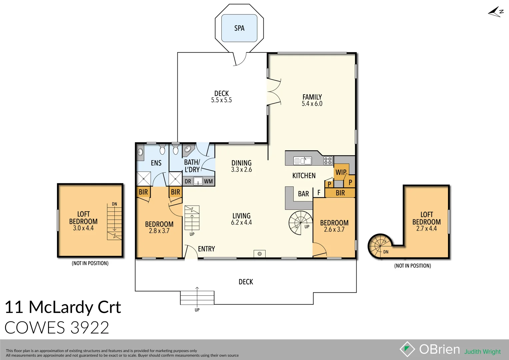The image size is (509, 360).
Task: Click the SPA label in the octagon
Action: [239, 28]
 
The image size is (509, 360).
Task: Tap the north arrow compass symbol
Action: [496, 12]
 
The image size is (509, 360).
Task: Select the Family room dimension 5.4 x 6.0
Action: [312, 104]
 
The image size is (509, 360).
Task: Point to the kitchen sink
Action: [303, 161]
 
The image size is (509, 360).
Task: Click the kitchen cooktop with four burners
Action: [328, 161]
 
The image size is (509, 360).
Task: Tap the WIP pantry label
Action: [341, 172]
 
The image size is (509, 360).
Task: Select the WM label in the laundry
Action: [208, 181]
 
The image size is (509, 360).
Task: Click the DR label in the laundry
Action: [188, 181]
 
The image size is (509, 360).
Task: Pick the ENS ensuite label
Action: [156, 163]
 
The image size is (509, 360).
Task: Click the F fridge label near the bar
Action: [319, 193]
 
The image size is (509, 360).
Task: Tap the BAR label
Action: [303, 194]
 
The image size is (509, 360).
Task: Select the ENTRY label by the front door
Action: [206, 249]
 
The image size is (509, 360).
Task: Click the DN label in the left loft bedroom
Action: [114, 204]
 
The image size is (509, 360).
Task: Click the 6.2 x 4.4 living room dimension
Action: [241, 223]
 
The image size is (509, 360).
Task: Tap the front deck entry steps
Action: [197, 298]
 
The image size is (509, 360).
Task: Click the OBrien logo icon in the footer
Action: [407, 349]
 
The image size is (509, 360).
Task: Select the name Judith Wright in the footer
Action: [482, 352]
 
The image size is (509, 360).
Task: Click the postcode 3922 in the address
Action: [90, 328]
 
